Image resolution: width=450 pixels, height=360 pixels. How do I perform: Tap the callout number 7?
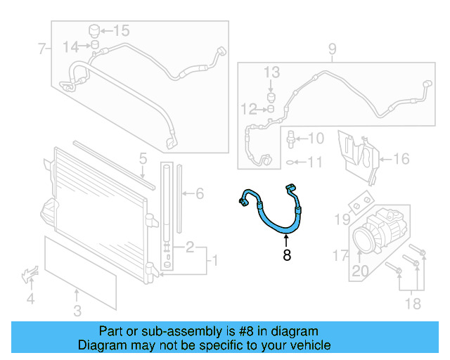pos(41,49)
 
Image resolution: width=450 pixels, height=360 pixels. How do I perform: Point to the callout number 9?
pos(332,49)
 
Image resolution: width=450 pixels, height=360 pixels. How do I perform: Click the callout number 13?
pos(271,72)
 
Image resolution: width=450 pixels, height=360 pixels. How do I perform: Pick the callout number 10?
pos(315,139)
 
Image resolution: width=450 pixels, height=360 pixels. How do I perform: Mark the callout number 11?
pos(314,162)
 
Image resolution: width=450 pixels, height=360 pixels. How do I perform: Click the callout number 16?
pos(400,159)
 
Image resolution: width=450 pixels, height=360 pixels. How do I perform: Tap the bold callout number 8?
pos(286,255)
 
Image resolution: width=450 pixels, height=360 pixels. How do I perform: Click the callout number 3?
pos(77,310)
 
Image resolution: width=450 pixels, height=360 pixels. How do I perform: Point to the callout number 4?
pos(30,300)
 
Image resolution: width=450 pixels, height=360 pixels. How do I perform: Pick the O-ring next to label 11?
pos(290,162)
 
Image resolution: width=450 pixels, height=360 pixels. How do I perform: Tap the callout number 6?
pos(199,193)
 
